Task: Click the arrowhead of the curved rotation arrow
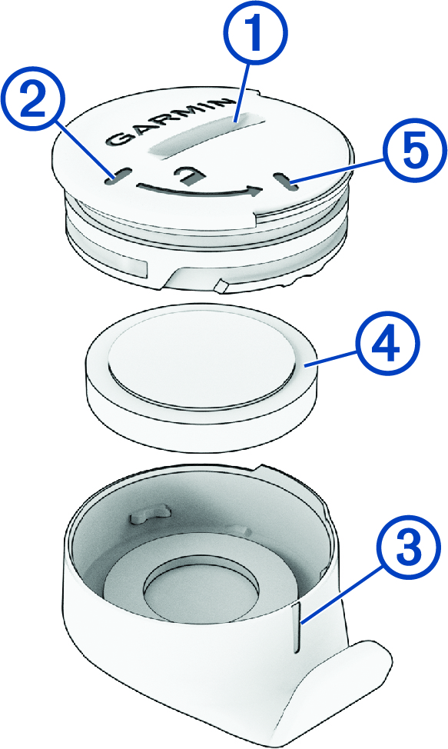tap(256, 191)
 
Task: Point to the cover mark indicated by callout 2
tap(115, 176)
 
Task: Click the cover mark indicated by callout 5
tap(284, 181)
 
